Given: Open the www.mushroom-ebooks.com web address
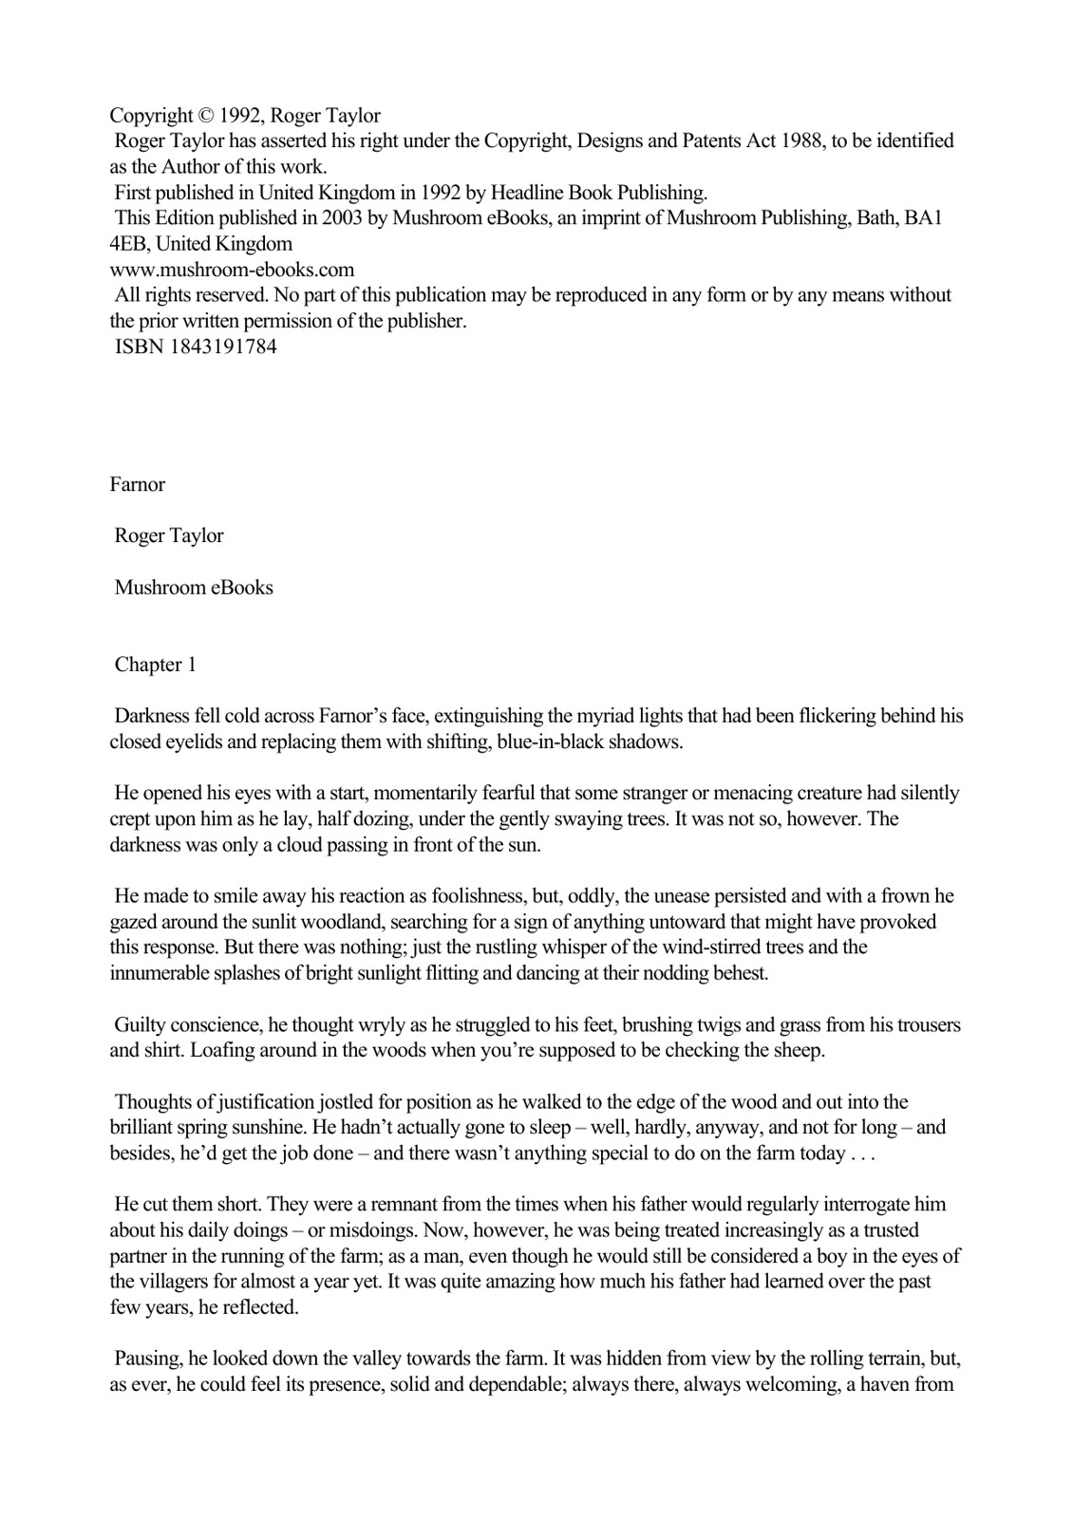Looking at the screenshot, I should coord(232,270).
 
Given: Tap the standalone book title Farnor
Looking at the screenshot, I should coord(138,484).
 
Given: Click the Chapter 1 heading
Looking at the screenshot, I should coord(155,665).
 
